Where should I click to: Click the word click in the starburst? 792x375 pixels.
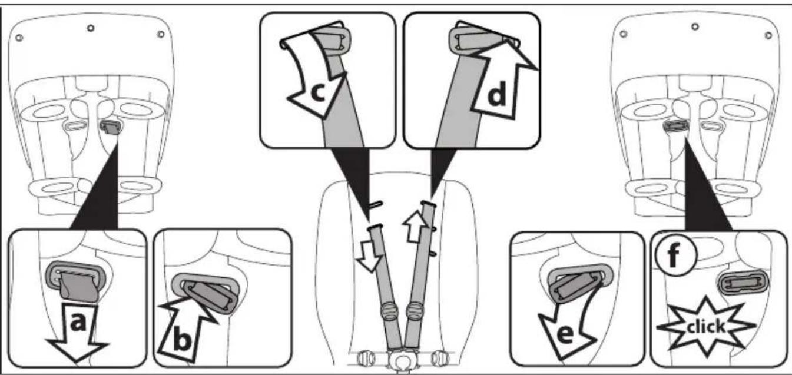coord(706,327)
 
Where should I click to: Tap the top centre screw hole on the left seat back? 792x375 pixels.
coord(91,28)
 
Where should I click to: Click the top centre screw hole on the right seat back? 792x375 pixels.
coord(695,26)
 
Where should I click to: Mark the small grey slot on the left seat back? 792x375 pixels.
coord(111,127)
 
